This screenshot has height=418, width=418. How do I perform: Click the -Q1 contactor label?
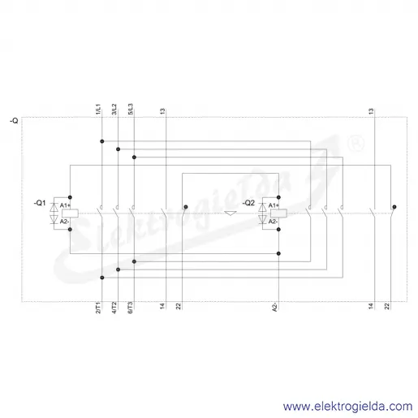[x=40, y=203]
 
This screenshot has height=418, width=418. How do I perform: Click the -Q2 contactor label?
[x=248, y=203]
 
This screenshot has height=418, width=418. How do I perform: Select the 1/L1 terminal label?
[x=98, y=109]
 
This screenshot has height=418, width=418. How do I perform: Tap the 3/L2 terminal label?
[x=114, y=109]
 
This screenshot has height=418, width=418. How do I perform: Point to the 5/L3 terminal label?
[x=131, y=109]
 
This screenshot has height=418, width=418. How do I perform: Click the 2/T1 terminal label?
[x=98, y=308]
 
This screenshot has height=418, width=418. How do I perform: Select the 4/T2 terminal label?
[x=114, y=308]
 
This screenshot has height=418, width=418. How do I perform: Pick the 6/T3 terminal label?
[x=131, y=308]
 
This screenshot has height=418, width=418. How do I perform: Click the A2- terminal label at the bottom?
[x=275, y=308]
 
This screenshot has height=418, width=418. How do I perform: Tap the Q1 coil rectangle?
[x=70, y=213]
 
